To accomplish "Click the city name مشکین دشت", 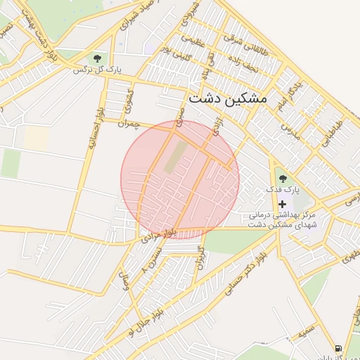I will coord(229,99).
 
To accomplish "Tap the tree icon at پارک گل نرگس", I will coord(97,58).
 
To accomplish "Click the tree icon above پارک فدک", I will coord(283,179).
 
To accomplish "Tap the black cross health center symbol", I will coord(283,203).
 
